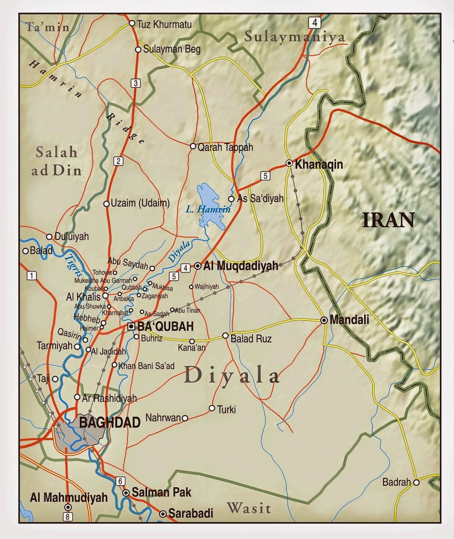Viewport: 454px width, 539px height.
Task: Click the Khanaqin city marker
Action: (x=289, y=163)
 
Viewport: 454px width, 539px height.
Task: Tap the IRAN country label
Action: (x=388, y=220)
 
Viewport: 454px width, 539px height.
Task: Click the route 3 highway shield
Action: (x=135, y=83)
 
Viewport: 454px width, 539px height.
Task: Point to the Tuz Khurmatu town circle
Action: (x=132, y=23)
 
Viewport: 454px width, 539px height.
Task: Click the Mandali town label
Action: (x=349, y=319)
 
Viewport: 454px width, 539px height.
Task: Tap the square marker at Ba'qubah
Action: (x=131, y=326)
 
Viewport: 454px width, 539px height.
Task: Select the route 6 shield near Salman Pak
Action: (x=120, y=481)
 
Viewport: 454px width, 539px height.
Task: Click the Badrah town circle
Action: (x=416, y=482)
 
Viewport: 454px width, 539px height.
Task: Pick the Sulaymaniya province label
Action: (x=295, y=37)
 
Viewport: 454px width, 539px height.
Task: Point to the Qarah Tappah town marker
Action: (x=193, y=146)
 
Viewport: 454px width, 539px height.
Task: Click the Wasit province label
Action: (x=249, y=508)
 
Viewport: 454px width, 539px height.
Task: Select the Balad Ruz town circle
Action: (x=225, y=336)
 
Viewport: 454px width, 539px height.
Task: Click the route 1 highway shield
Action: (x=31, y=276)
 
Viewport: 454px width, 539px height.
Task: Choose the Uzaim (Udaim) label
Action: (x=140, y=203)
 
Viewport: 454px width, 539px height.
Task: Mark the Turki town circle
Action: (x=212, y=408)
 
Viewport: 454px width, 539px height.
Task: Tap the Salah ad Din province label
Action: (x=57, y=161)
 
